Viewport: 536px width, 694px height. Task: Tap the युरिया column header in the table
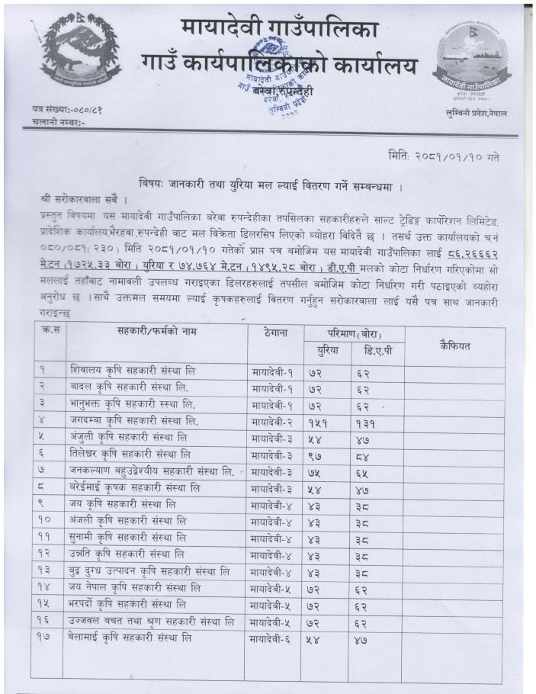(326, 351)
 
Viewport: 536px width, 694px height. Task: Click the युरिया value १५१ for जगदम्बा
(320, 422)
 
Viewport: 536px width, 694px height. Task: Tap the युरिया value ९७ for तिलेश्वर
(317, 455)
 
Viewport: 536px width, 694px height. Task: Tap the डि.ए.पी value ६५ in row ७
(364, 472)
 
